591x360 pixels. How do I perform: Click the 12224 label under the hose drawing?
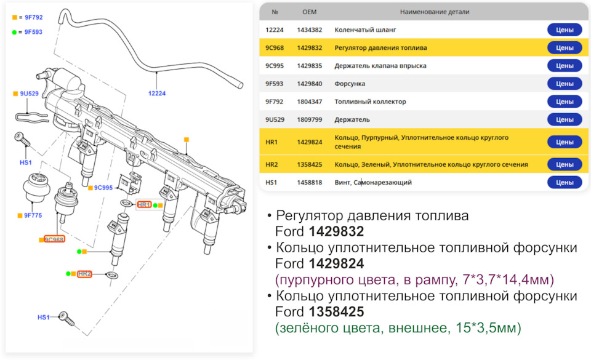[x=157, y=94]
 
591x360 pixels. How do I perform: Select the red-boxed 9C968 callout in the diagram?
[x=54, y=239]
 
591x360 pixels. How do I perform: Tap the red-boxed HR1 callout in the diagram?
[x=144, y=204]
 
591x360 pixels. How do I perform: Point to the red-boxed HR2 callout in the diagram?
[x=85, y=273]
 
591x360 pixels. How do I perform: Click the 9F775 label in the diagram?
[x=32, y=215]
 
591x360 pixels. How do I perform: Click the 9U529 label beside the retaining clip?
[x=30, y=94]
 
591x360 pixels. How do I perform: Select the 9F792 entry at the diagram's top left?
[x=33, y=17]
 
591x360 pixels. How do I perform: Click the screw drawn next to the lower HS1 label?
[x=65, y=318]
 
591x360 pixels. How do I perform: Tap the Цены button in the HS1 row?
[x=564, y=182]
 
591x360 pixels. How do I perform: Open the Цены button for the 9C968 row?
[x=564, y=47]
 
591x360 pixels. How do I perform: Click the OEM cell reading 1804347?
[x=308, y=102]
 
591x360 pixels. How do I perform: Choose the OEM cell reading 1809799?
[x=308, y=119]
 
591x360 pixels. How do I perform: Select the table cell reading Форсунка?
[x=350, y=84]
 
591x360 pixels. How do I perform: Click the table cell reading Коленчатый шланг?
[x=365, y=30]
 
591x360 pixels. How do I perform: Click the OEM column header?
[x=309, y=12]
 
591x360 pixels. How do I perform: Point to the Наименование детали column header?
[x=434, y=12]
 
